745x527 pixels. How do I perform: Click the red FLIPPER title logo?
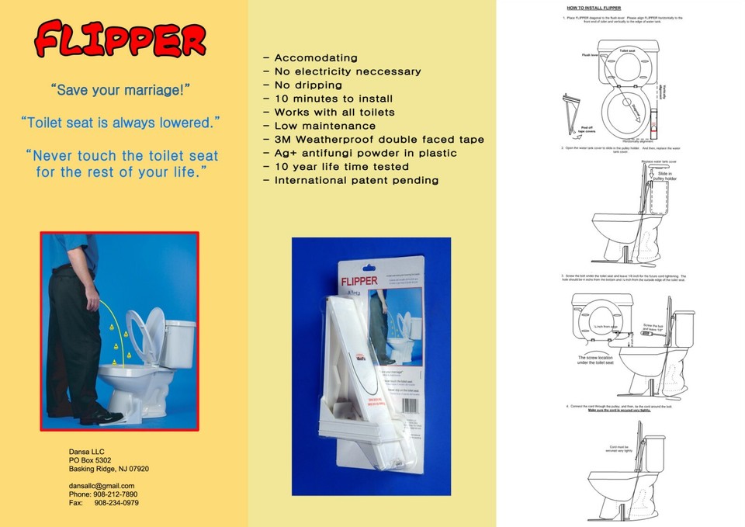(121, 40)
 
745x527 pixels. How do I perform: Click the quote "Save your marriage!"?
(120, 90)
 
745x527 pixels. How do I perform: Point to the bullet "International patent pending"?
(356, 181)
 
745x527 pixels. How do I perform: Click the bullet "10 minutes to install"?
(334, 99)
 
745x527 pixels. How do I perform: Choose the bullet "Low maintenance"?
(325, 126)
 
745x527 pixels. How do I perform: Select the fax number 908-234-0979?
(116, 503)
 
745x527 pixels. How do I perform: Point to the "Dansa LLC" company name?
(86, 452)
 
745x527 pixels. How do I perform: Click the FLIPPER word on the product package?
(359, 280)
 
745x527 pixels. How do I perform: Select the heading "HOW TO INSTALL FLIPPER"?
(594, 8)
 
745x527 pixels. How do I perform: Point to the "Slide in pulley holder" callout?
(657, 176)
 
